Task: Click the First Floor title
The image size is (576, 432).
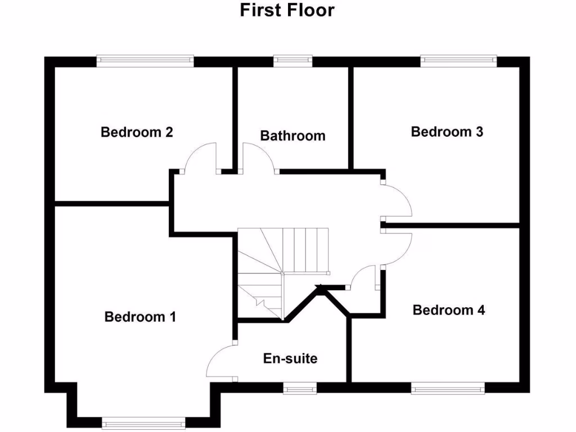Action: coord(287,11)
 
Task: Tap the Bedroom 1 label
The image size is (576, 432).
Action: coord(140,317)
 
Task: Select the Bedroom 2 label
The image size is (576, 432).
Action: coord(137,132)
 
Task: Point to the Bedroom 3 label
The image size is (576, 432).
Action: coord(447,132)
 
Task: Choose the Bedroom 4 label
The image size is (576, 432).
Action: coord(449,310)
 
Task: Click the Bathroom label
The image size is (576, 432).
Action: coord(292,136)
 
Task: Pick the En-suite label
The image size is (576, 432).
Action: coord(290,358)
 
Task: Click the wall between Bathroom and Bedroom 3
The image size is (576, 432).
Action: coord(351,118)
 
